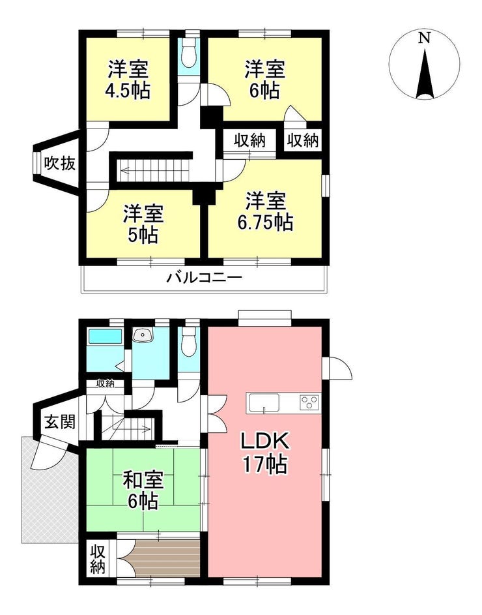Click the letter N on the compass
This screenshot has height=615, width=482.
click(424, 38)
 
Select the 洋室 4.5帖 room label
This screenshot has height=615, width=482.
click(128, 80)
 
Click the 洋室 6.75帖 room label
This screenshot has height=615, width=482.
click(265, 211)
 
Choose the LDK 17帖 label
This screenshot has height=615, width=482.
click(265, 453)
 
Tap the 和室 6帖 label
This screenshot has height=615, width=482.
click(143, 490)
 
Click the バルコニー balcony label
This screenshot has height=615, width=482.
click(205, 278)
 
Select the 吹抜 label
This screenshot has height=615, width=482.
click(59, 163)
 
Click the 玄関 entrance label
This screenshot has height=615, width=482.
click(59, 422)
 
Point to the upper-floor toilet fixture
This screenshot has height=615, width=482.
click(190, 53)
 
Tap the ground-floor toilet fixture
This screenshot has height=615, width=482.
click(190, 341)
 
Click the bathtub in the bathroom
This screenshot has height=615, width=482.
click(105, 337)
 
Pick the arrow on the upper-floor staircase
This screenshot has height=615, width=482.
click(156, 170)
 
